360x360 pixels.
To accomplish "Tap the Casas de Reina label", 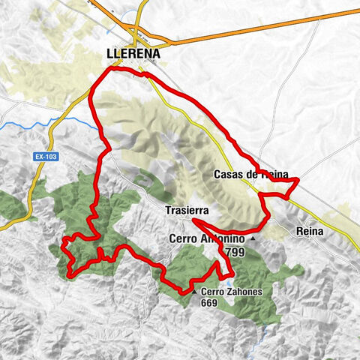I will coord(250,175).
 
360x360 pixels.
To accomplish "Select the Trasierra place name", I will coord(187,211).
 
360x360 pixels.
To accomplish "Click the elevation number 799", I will coord(234,253).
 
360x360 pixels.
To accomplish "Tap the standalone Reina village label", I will coord(310,231).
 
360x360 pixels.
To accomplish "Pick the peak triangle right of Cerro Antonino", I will coord(253,239).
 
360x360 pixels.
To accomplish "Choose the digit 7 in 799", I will coord(227,253).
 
